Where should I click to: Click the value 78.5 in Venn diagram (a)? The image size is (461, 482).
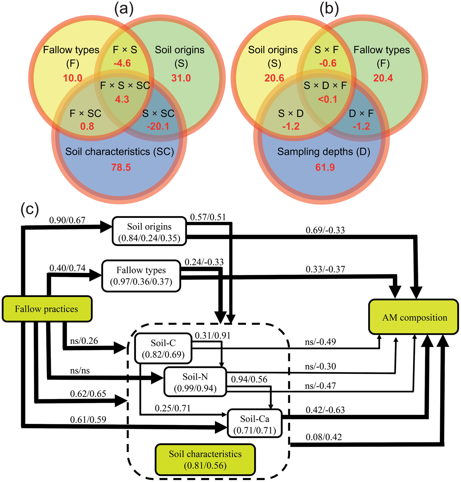point(121,167)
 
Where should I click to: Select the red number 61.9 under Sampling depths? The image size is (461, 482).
point(325,167)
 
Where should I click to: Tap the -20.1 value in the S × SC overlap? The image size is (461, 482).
point(158,126)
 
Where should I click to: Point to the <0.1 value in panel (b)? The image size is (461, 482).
point(327,99)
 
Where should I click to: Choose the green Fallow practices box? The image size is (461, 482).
point(47,309)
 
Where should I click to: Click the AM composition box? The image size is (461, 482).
point(414,317)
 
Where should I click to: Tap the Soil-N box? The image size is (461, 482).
point(195,382)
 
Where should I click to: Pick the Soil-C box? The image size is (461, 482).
point(163,348)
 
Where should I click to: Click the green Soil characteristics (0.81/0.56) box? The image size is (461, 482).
point(205,459)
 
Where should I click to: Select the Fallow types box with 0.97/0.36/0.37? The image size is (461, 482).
point(141,276)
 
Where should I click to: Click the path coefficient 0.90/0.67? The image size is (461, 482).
point(67,220)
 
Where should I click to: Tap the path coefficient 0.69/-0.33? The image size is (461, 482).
point(325,230)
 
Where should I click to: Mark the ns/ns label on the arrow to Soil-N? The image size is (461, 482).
point(80,371)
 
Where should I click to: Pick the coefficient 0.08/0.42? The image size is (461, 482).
point(323,437)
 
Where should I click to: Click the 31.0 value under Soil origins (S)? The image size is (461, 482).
point(181,78)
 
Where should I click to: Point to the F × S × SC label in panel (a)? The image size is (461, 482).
point(125,86)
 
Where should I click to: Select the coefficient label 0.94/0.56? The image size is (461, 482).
point(249,379)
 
